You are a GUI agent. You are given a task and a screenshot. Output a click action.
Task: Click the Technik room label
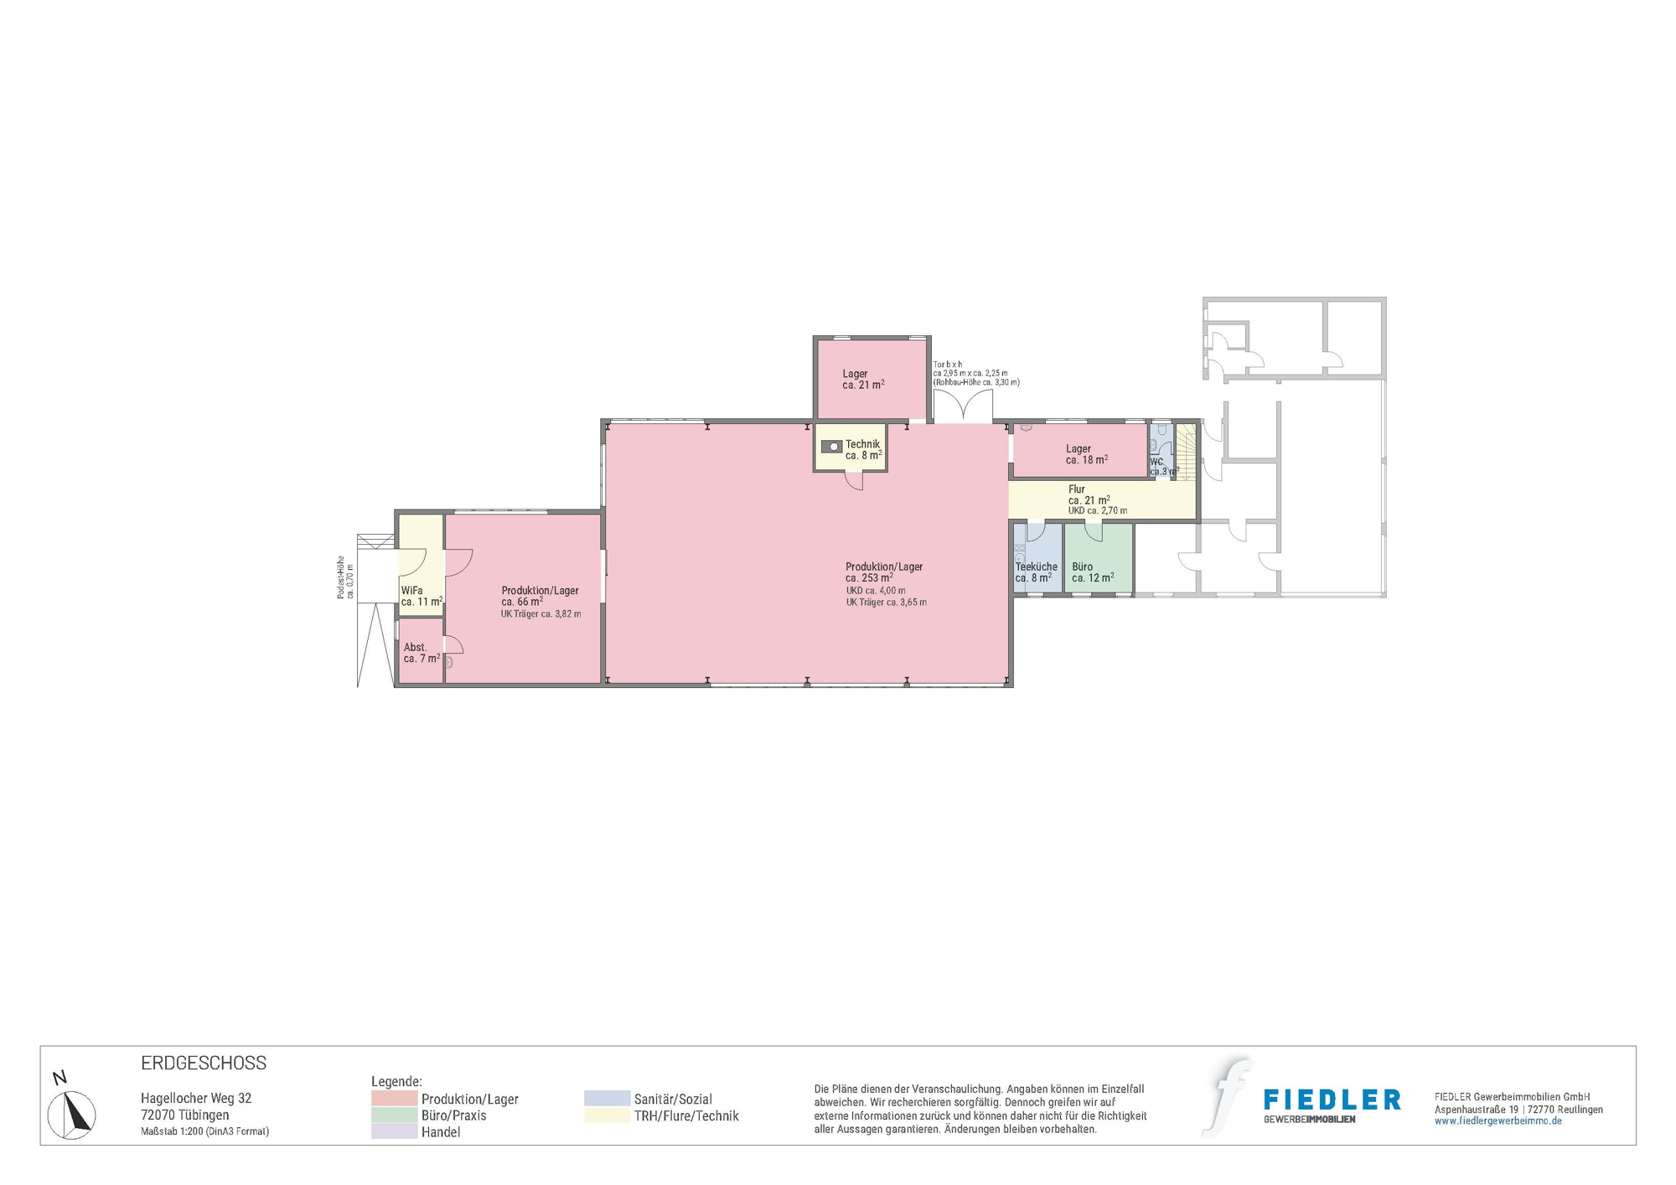pos(862,445)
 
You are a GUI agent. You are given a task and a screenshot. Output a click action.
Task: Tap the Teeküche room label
pos(1036,567)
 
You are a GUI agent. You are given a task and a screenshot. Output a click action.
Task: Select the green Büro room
pos(1099,557)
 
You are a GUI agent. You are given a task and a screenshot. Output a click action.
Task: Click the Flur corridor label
pos(1077,489)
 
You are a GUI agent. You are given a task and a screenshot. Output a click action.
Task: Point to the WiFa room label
pos(411,591)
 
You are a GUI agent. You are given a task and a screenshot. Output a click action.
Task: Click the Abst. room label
pos(416,648)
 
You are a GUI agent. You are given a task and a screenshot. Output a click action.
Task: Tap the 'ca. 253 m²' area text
pos(868,578)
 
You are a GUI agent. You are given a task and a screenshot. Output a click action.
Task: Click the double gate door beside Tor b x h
pos(963,408)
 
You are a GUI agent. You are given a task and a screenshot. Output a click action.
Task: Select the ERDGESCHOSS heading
pos(204,1063)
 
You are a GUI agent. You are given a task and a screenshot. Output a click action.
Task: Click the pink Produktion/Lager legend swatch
pos(394,1099)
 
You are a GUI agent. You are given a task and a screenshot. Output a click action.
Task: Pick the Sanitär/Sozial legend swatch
pos(607,1099)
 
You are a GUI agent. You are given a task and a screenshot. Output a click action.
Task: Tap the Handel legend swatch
pos(394,1131)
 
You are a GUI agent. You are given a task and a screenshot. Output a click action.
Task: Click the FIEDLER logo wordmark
pos(1332,1100)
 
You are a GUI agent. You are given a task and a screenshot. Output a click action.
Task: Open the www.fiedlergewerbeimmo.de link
pos(1498,1121)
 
